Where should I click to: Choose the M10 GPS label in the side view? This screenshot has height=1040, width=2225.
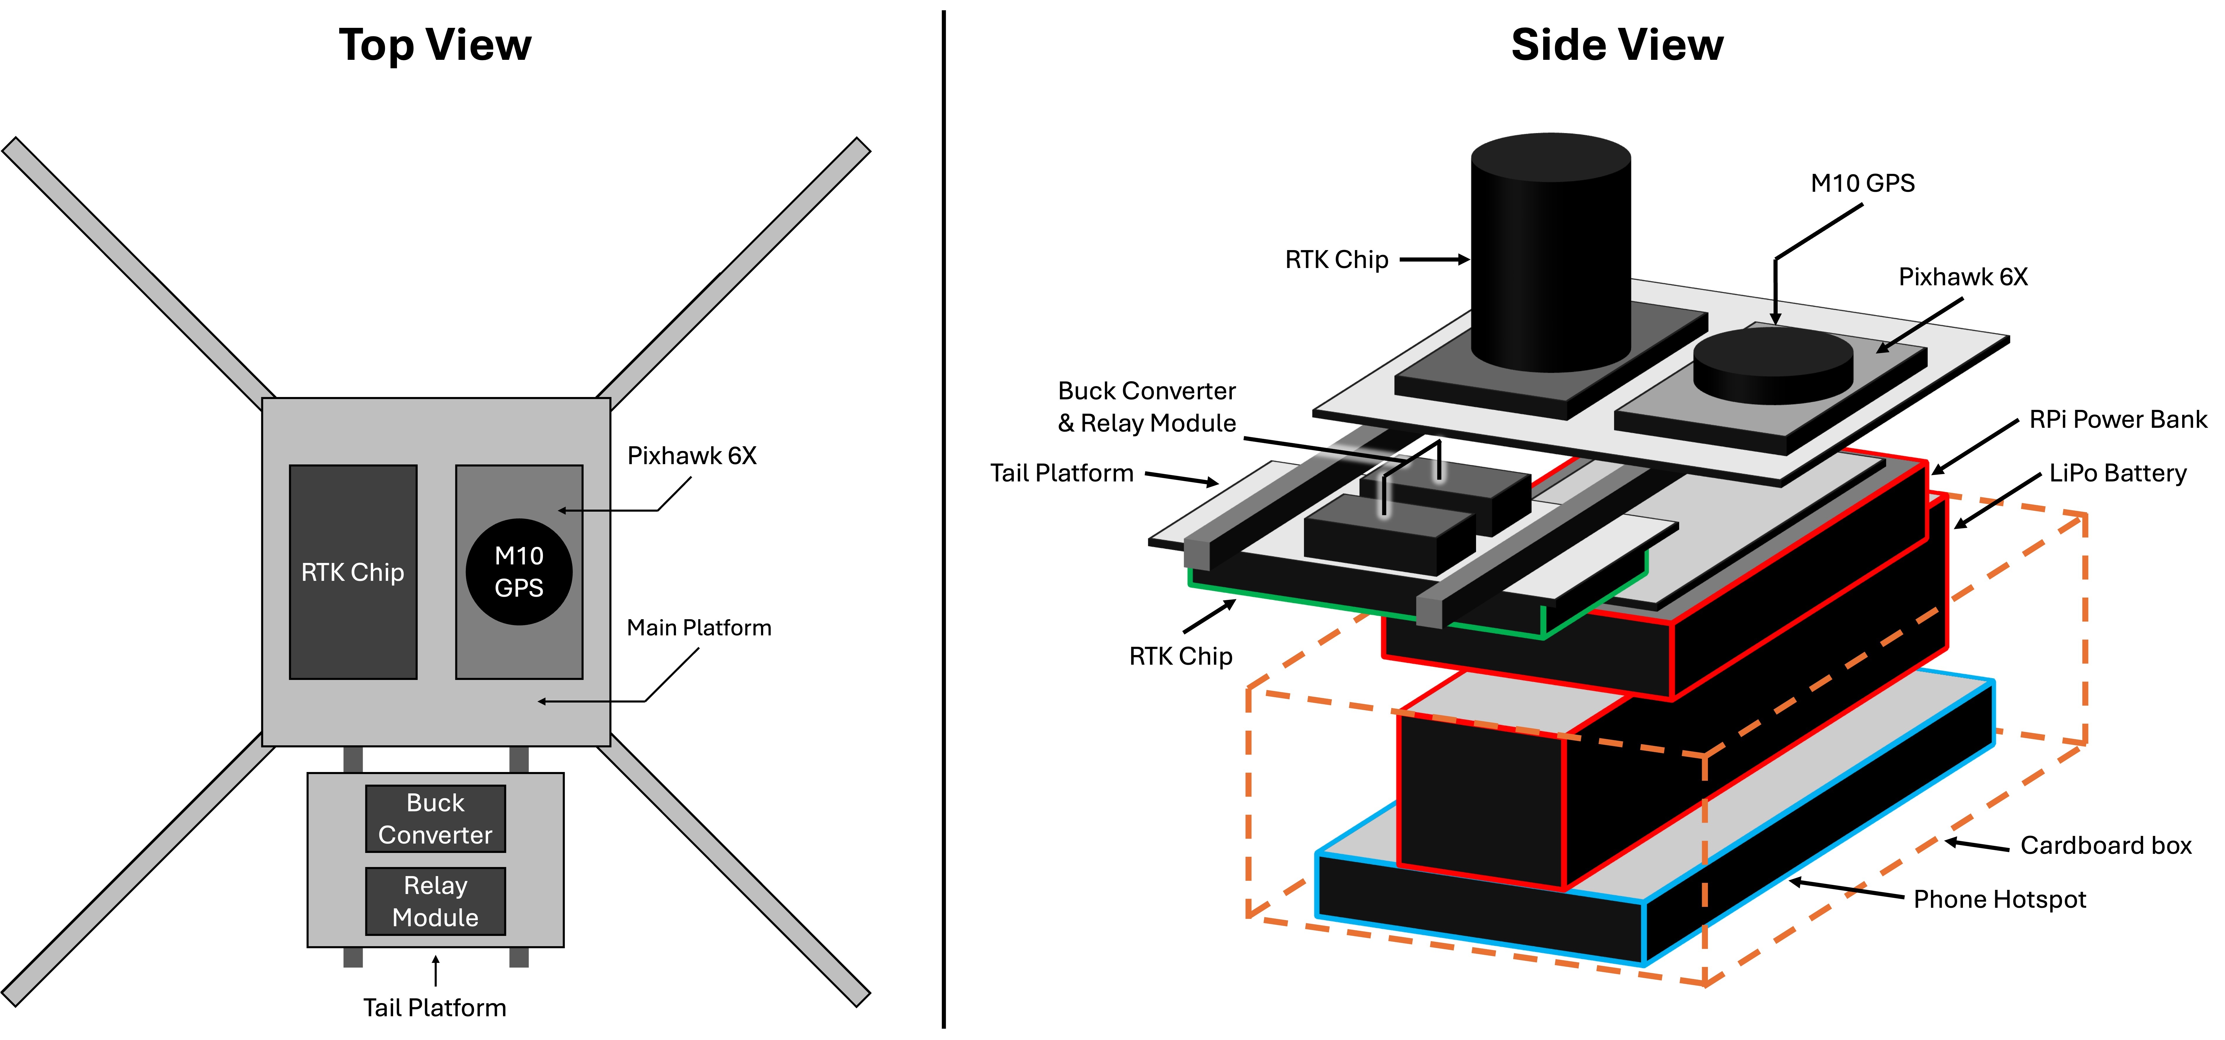1862,183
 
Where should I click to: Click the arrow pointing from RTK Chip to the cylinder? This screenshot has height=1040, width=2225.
1434,259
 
